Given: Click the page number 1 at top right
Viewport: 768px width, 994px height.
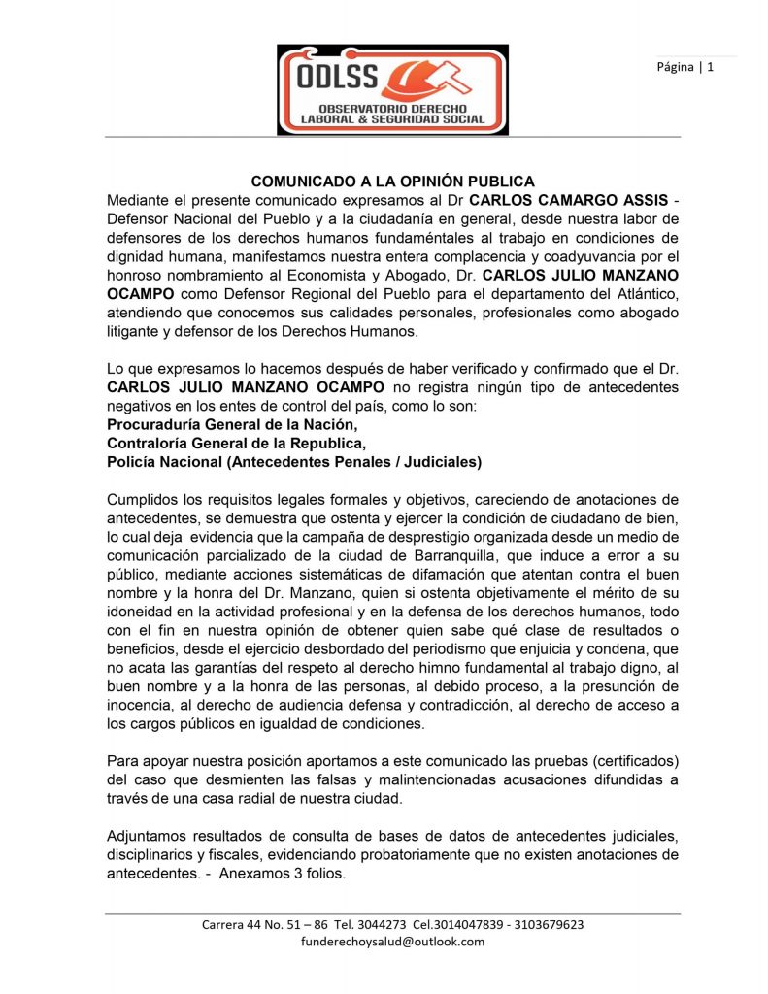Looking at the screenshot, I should click(711, 67).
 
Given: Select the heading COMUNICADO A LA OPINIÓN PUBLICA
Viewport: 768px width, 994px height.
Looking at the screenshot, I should click(393, 182).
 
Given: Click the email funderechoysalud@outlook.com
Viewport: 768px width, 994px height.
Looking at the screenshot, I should click(392, 941).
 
